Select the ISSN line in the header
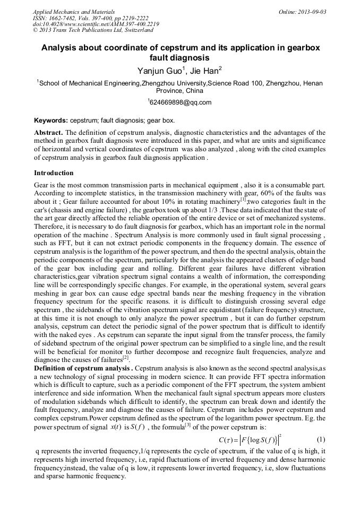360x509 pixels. [x=91, y=18]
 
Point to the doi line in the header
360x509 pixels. [x=96, y=24]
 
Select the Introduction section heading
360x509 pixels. [x=54, y=173]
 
